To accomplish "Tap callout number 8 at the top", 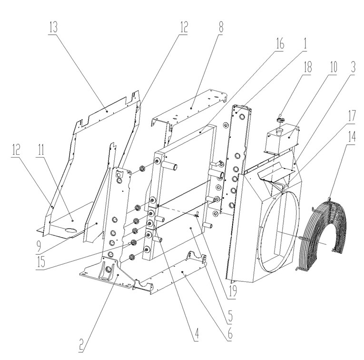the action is click(221, 27).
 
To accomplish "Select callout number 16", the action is click(280, 43).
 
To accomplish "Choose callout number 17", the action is click(352, 116).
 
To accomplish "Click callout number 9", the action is click(39, 247).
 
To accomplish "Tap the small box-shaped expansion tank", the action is click(281, 140).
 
